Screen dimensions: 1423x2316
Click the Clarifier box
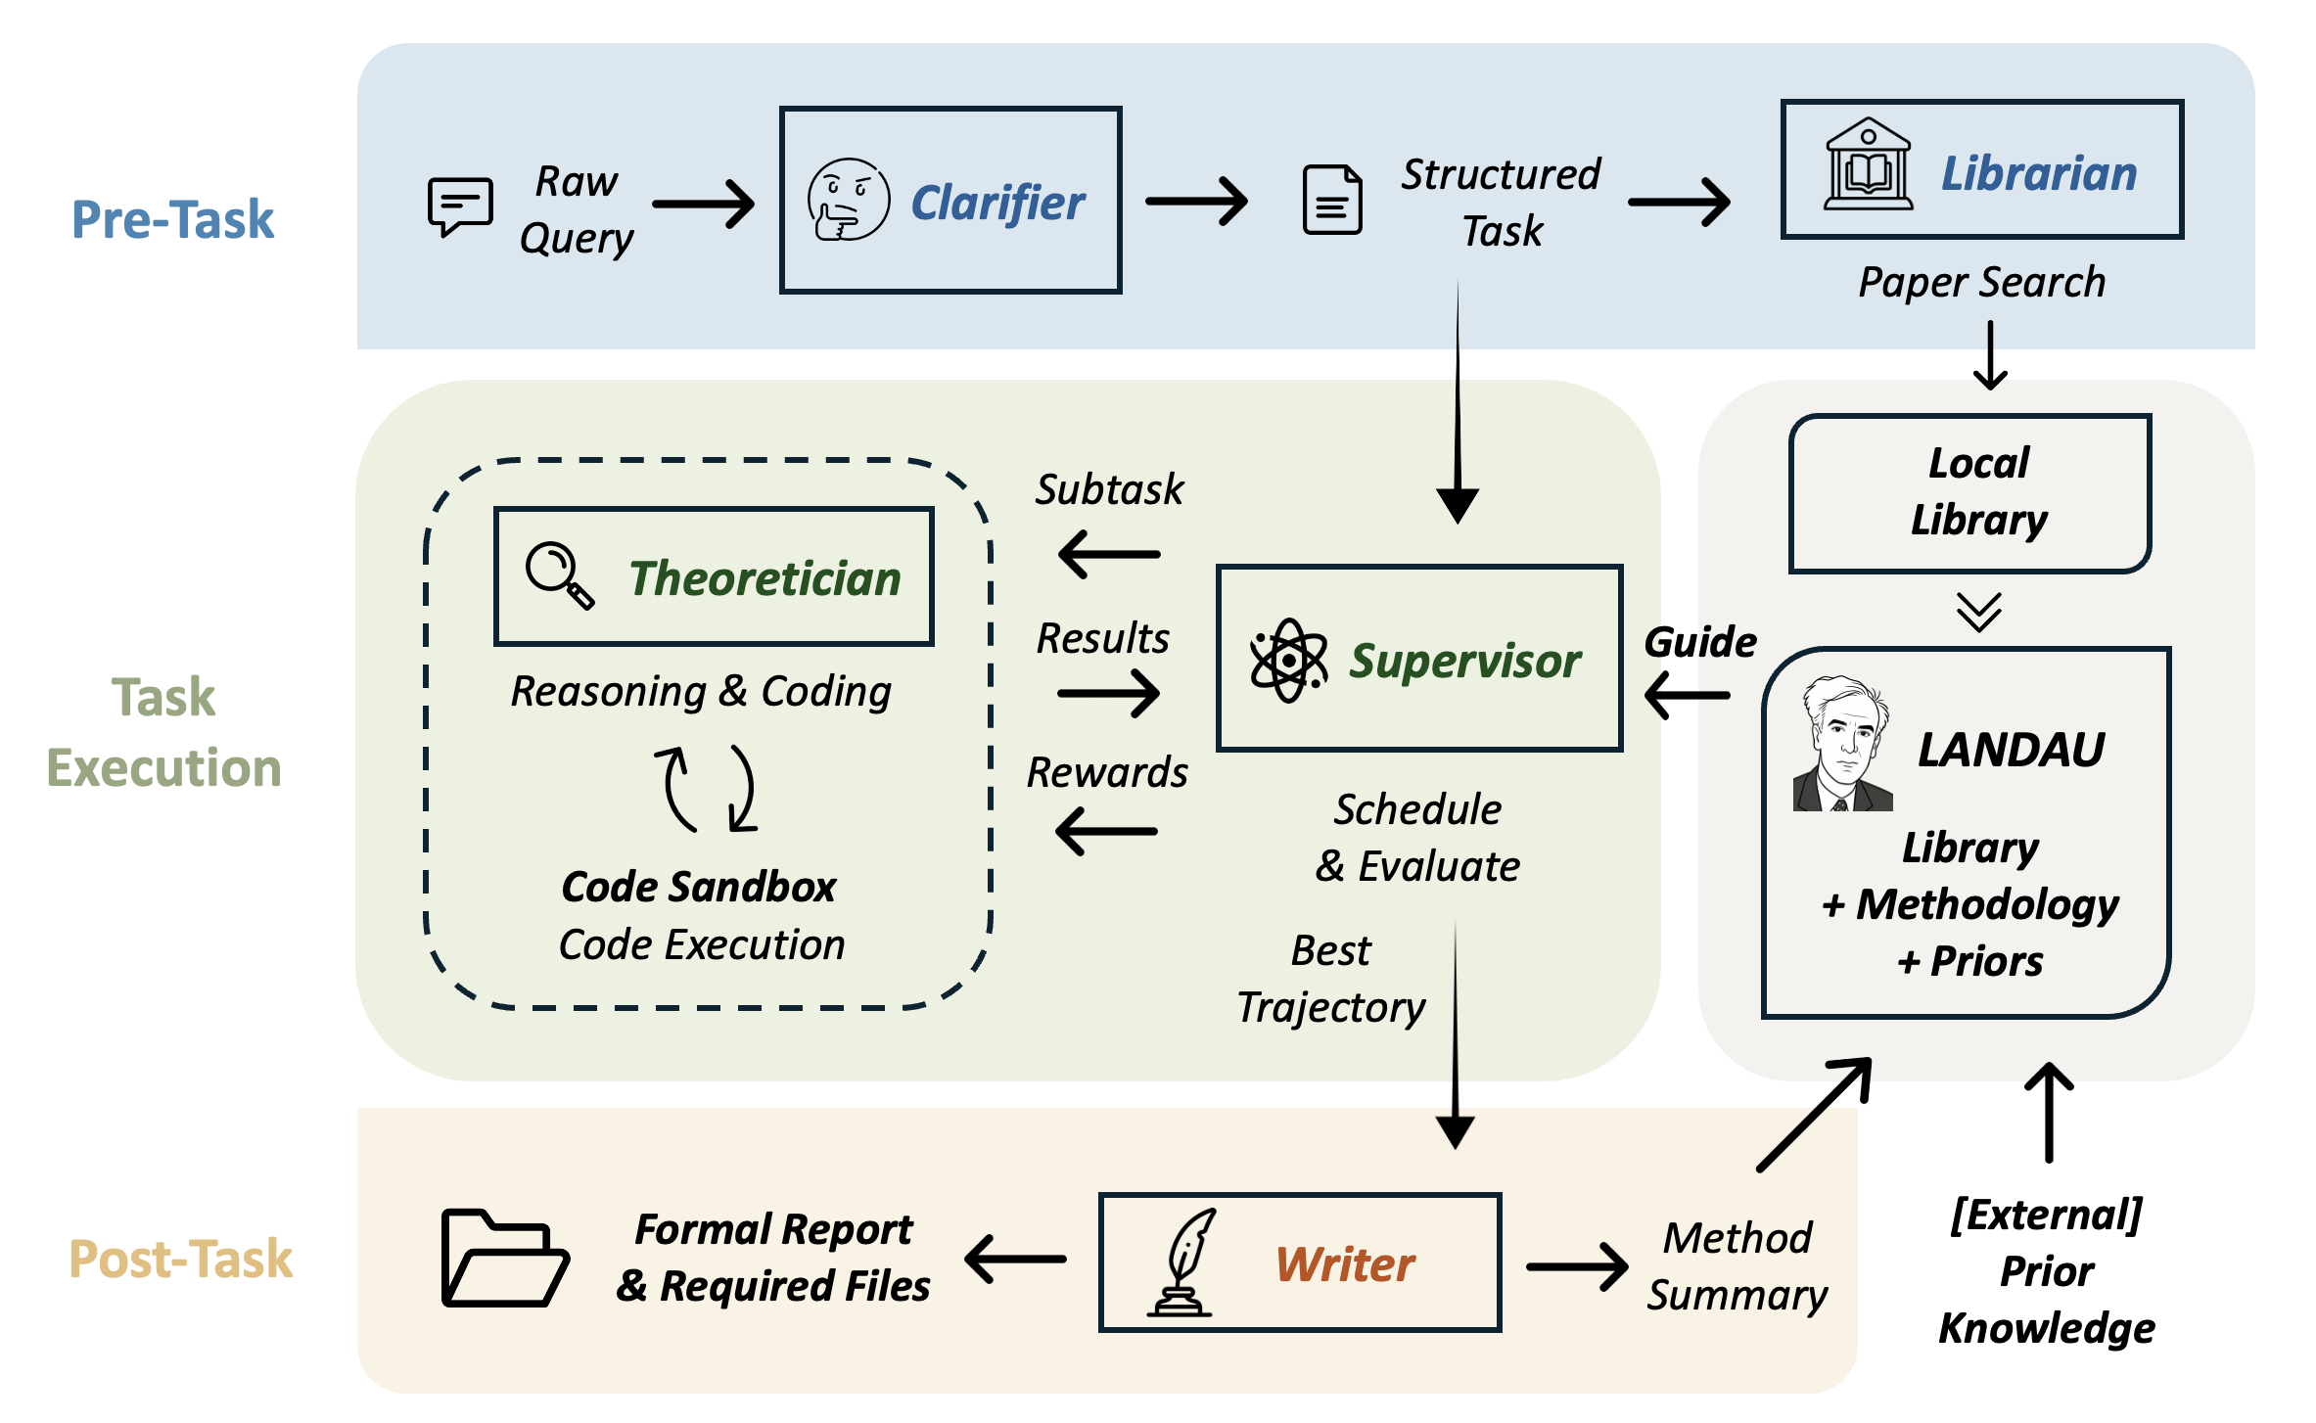(x=950, y=200)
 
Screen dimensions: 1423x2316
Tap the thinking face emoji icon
(x=848, y=200)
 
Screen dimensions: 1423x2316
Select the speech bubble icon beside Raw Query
(x=459, y=206)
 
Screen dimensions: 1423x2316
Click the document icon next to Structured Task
(x=1332, y=201)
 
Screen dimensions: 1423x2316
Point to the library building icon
(x=1868, y=165)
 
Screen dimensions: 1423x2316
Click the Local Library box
(x=1969, y=492)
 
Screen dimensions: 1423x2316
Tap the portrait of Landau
(x=1841, y=745)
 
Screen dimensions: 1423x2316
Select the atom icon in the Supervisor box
(x=1288, y=661)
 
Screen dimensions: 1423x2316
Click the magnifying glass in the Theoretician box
(x=559, y=575)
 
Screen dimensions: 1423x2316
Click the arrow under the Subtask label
(x=1109, y=554)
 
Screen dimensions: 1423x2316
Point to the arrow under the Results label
(x=1109, y=694)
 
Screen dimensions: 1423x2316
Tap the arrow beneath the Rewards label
(x=1107, y=831)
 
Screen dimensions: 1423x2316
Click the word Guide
(x=1700, y=642)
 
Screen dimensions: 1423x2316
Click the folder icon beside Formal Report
(x=504, y=1259)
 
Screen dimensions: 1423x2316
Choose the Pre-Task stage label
(x=172, y=219)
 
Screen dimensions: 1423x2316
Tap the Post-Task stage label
(x=180, y=1259)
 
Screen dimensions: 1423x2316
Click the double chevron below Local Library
(x=1978, y=613)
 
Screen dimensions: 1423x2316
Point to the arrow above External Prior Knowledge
(x=2049, y=1113)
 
